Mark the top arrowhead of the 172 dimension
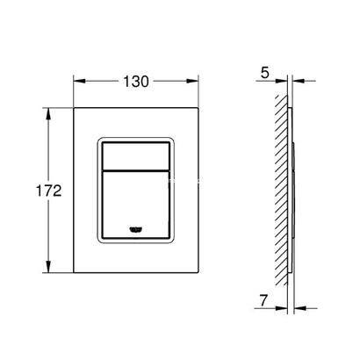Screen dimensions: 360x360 click(x=42, y=112)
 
